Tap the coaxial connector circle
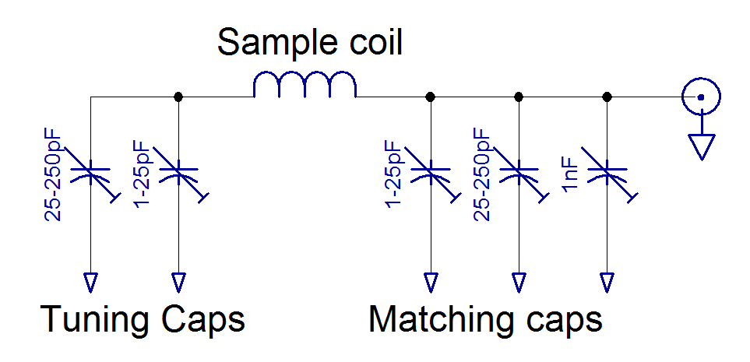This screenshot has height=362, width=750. click(700, 97)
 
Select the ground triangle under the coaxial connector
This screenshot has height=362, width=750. click(702, 146)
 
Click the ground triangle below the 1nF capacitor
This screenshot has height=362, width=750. click(607, 281)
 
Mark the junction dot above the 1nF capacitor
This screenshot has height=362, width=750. click(607, 97)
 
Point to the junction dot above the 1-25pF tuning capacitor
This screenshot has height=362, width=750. click(179, 97)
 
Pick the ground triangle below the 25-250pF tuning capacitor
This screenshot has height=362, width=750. click(91, 281)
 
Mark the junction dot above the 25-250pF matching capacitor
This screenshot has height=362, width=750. click(519, 97)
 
